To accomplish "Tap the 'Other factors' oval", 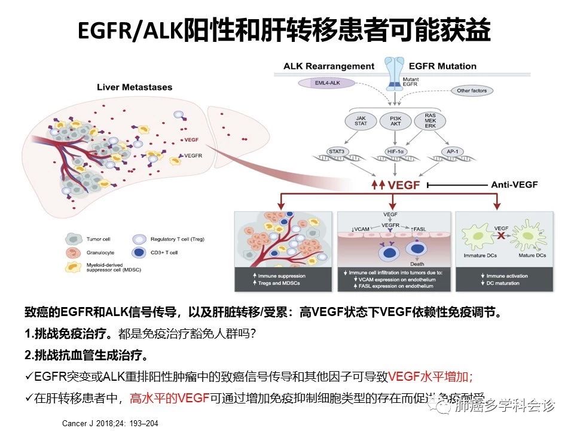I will (471, 91).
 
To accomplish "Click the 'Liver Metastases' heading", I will (135, 87).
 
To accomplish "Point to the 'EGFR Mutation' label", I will (442, 66).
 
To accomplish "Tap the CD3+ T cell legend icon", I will (139, 253).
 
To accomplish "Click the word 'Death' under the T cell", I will (418, 263).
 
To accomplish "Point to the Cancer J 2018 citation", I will (110, 423).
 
